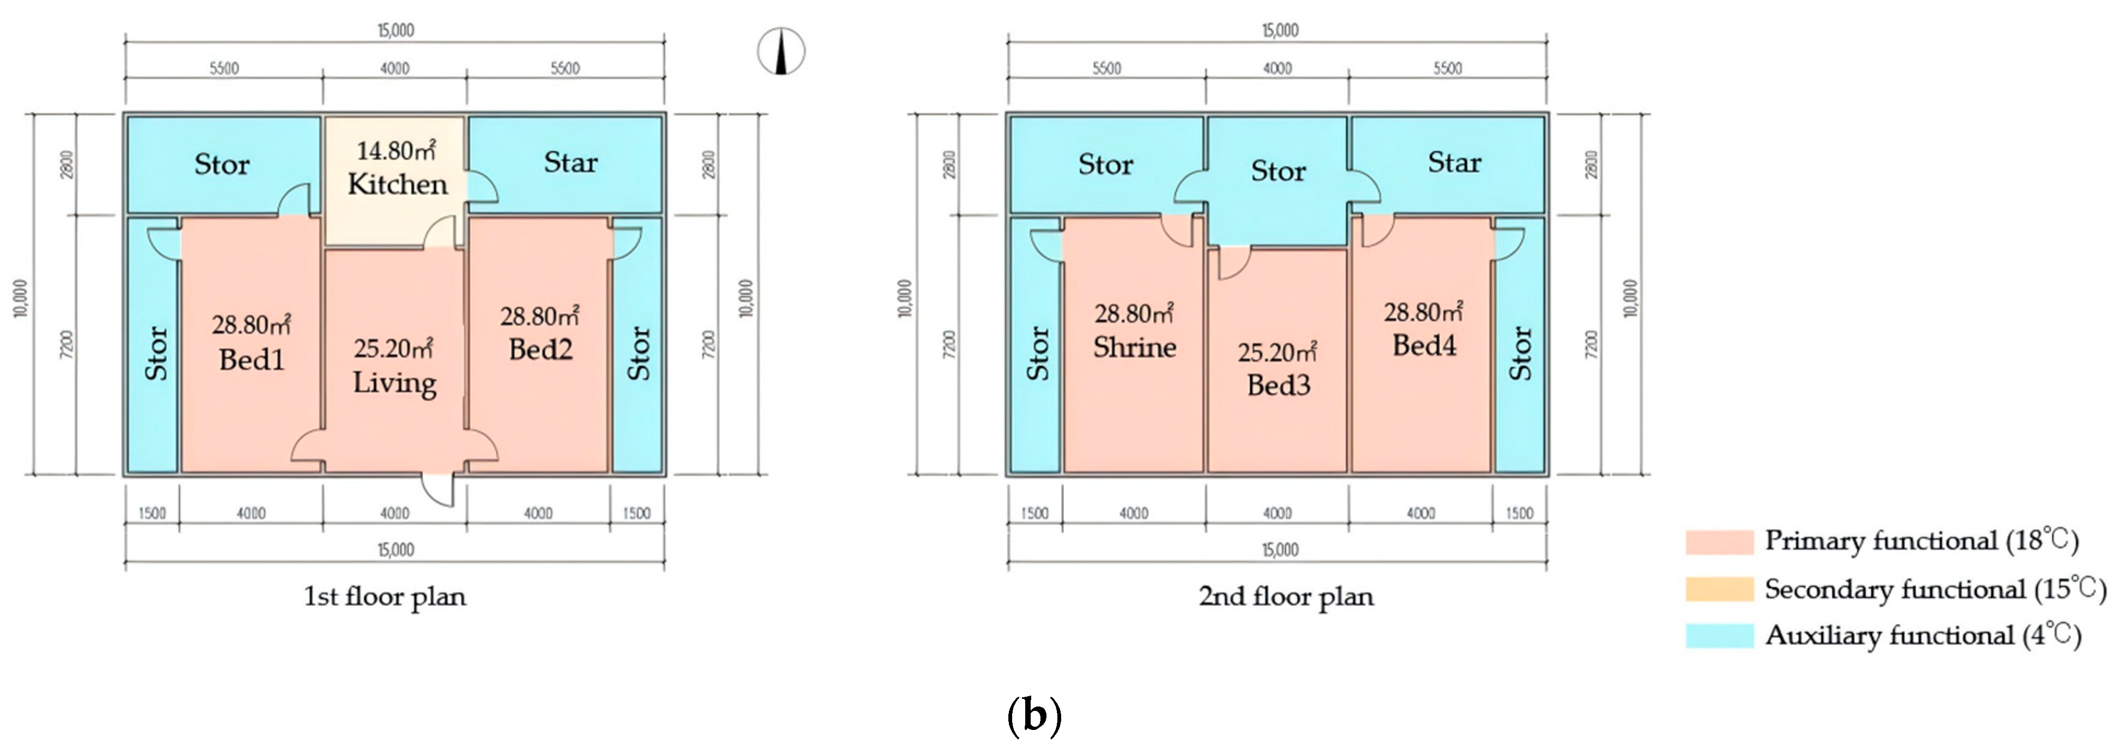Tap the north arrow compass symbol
pos(781,51)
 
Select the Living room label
pos(394,383)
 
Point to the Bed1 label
pos(252,360)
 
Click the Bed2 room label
pos(540,350)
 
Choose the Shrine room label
pos(1135,347)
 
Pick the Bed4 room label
pos(1424,345)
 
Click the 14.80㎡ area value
pos(395,150)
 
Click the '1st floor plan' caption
pos(385,596)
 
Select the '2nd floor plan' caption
pos(1286,596)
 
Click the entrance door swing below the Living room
pos(438,490)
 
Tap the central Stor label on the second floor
pos(1277,171)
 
